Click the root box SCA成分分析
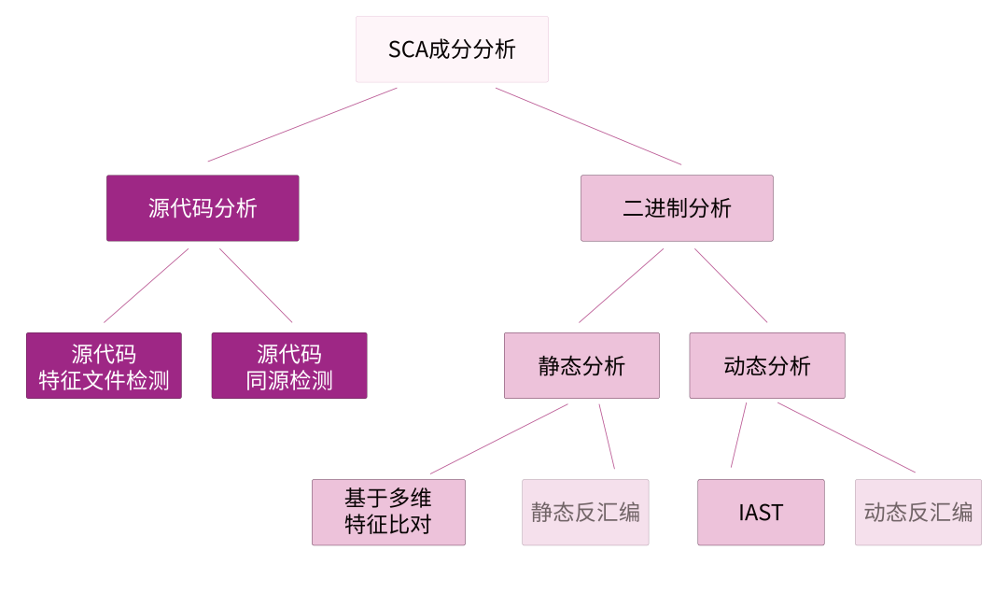pos(452,49)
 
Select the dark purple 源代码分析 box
pos(203,208)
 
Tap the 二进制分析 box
pos(677,208)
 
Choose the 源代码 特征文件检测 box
pos(104,366)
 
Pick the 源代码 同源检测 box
pos(289,366)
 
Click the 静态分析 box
pos(581,366)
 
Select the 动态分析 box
pos(767,366)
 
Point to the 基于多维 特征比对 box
pos(388,512)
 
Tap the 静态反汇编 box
pos(585,512)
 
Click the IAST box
pos(761,512)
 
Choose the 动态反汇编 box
pos(917,512)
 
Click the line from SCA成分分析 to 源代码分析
pos(302,124)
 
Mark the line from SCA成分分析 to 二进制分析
pos(588,126)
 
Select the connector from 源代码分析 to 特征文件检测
pos(147,285)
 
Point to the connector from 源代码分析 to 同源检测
pos(256,285)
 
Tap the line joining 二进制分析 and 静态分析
pos(622,285)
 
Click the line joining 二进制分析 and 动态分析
pos(731,285)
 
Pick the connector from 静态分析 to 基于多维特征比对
pos(498,439)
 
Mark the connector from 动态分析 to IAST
pos(738,435)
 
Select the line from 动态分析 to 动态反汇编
pos(846,437)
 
